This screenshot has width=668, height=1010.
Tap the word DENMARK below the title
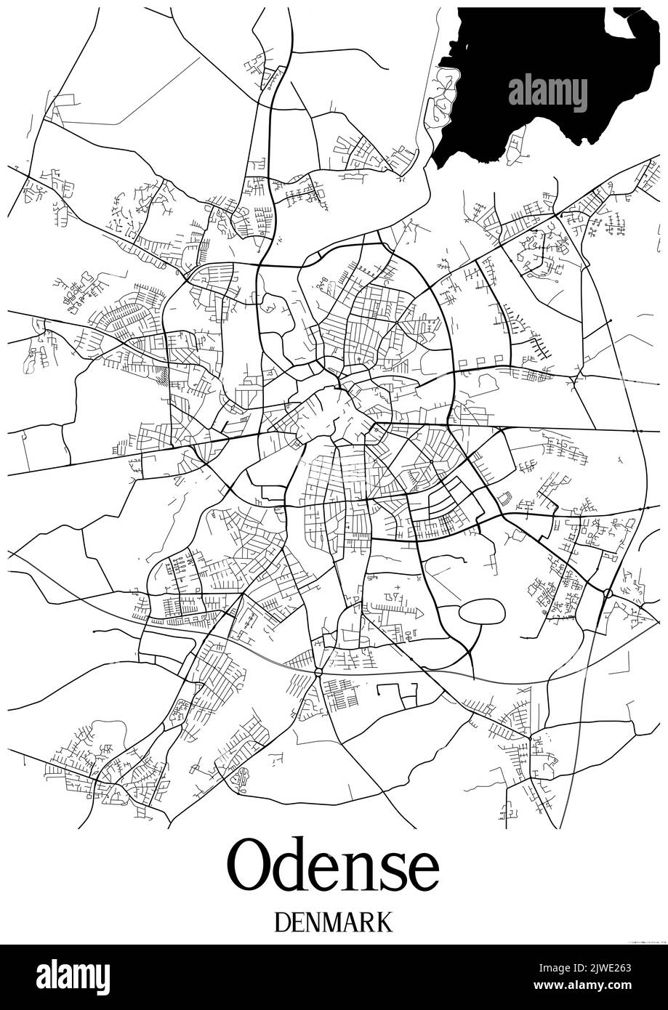(x=334, y=921)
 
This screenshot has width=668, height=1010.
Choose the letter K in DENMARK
(x=385, y=921)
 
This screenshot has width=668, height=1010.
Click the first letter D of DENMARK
(x=284, y=921)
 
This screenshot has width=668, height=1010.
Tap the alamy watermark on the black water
(x=547, y=92)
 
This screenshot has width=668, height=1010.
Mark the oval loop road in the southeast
(x=481, y=611)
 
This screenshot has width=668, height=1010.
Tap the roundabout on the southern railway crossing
(x=318, y=673)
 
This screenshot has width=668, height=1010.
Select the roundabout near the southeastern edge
(x=608, y=594)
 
